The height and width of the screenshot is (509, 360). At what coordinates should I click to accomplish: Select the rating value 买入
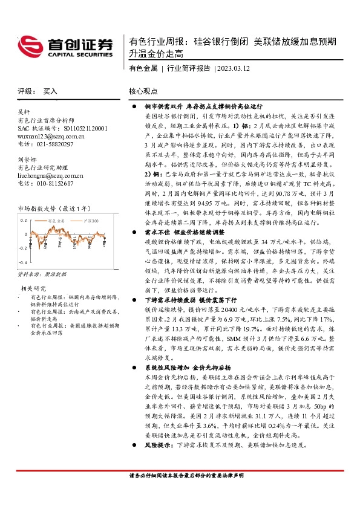click(50, 91)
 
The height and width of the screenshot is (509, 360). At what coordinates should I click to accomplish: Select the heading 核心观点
click(143, 91)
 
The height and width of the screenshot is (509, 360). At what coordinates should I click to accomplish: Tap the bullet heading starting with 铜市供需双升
click(193, 105)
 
